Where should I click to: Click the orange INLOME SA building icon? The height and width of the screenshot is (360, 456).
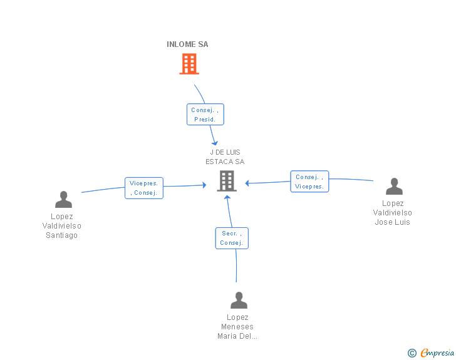tap(189, 64)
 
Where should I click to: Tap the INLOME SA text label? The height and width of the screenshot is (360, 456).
tap(187, 44)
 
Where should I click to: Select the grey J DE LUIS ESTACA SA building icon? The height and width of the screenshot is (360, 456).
tap(226, 181)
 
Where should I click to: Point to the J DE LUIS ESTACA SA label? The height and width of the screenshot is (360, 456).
tap(225, 157)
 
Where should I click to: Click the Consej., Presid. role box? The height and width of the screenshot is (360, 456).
tap(205, 115)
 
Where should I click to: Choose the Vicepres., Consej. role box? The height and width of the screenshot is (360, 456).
tap(144, 188)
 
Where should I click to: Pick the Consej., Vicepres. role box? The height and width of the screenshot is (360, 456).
tap(309, 182)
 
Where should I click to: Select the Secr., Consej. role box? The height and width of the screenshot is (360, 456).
tap(232, 239)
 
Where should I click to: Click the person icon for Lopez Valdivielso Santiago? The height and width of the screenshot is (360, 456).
tap(63, 200)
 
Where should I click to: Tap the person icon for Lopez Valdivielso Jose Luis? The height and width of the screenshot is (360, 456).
tap(394, 187)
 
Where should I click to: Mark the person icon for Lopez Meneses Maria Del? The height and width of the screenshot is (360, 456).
tap(239, 301)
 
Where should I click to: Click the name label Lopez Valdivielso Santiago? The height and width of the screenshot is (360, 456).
tap(62, 226)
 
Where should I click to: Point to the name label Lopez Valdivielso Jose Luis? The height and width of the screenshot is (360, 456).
tap(393, 213)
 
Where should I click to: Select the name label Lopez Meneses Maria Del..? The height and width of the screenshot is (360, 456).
tap(237, 327)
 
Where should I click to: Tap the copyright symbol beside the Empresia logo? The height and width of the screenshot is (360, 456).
tap(412, 354)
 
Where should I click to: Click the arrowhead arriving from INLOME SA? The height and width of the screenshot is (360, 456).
tap(215, 143)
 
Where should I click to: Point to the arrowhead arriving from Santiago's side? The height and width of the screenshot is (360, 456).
tap(204, 185)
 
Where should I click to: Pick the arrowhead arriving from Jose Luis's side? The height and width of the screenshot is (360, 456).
tap(248, 183)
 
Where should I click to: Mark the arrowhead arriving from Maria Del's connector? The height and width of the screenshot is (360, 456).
tap(227, 198)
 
